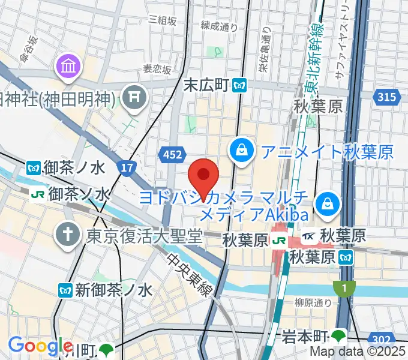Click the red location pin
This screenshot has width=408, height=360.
point(203,176)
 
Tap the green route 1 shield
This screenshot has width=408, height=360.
point(343,289)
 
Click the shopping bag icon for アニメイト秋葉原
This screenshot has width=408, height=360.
point(241,149)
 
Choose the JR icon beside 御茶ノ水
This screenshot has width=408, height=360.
point(38,194)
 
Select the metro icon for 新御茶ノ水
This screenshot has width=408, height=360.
point(67,290)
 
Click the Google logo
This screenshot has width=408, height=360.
point(40,346)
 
